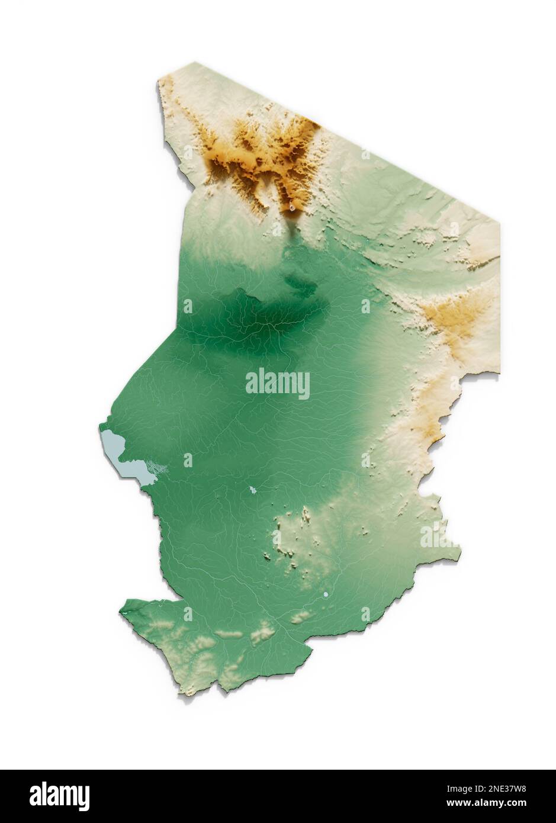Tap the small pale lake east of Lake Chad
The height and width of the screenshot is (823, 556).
(x=253, y=490)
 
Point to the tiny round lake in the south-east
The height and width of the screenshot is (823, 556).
(x=326, y=594)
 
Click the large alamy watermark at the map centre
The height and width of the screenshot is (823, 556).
(x=277, y=384)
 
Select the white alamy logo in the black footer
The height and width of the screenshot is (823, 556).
(x=59, y=796)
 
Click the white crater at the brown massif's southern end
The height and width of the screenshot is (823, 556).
(x=292, y=207)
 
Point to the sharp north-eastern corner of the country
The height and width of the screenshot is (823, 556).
(x=499, y=223)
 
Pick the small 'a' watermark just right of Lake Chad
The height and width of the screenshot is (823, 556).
(x=188, y=460)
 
